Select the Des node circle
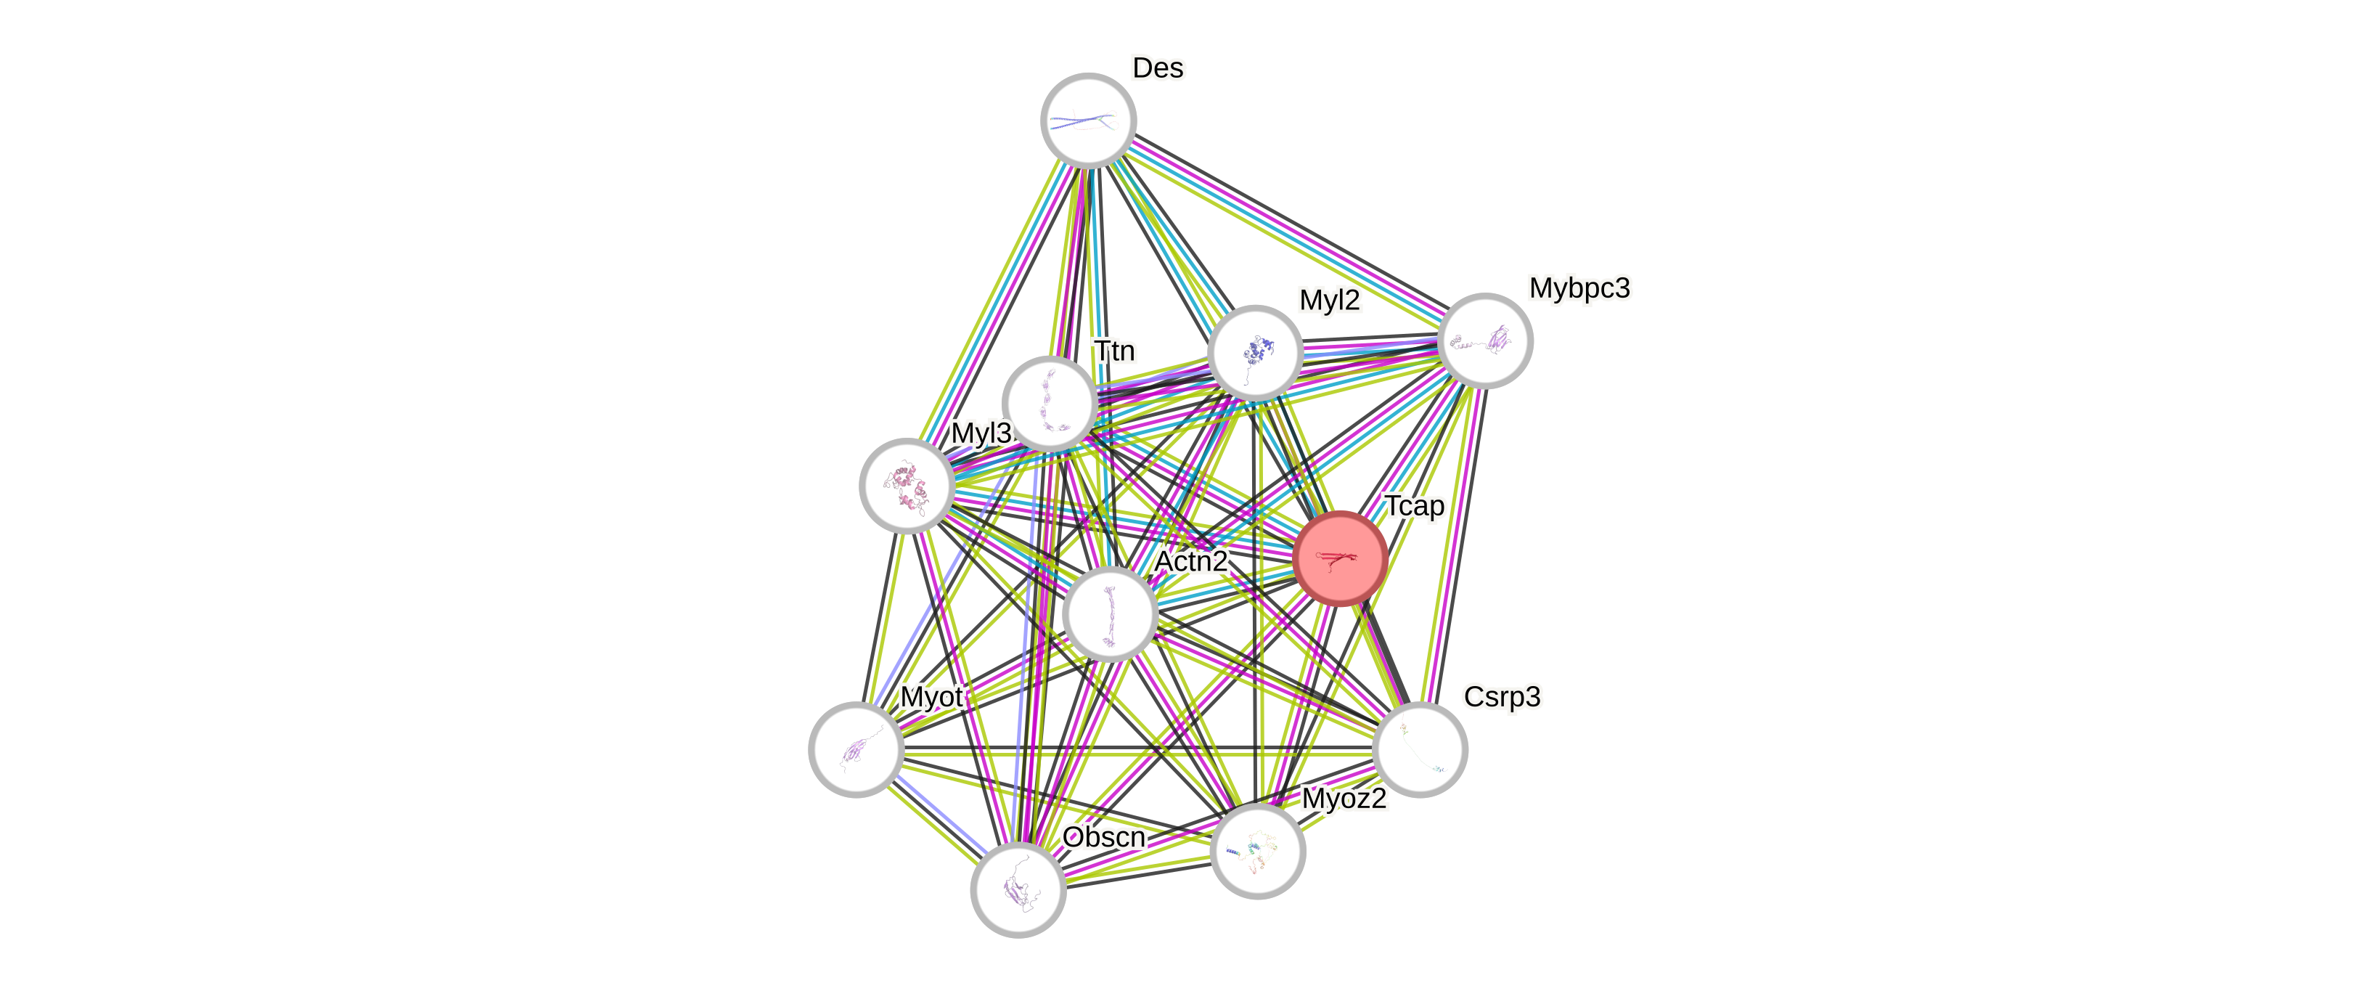1088,120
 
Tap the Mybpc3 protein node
1485,341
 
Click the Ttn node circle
1050,404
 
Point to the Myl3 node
907,485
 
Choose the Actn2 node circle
1110,613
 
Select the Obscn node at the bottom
1018,888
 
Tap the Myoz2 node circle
1257,851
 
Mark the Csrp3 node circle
1420,750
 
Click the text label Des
1158,68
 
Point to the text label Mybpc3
1579,288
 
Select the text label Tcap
1414,505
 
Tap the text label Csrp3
1502,697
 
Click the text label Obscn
1103,837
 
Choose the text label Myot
931,697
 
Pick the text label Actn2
1190,560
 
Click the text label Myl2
1330,299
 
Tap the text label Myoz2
1344,799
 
